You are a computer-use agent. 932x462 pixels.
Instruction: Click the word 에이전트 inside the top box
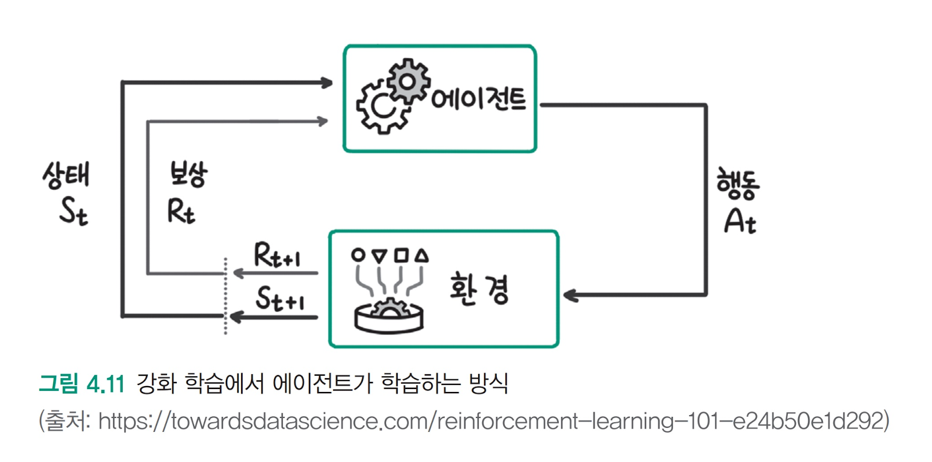tap(478, 100)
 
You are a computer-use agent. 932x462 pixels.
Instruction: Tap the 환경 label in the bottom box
tap(479, 289)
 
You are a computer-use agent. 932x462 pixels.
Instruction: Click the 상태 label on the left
tap(66, 175)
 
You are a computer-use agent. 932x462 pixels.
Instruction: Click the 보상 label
tap(188, 174)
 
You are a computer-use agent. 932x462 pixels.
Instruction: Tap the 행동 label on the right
tap(737, 184)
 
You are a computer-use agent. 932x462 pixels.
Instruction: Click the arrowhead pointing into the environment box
tap(570, 295)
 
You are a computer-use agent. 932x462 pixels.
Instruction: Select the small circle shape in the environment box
tap(358, 255)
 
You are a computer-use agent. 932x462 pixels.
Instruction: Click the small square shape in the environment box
tap(401, 255)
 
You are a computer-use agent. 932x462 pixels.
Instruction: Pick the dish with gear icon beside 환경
tap(389, 316)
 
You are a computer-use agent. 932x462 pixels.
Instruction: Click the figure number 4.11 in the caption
tap(105, 384)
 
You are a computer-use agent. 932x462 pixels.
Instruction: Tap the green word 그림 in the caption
tap(58, 384)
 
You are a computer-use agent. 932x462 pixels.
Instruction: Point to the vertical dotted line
tap(225, 295)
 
